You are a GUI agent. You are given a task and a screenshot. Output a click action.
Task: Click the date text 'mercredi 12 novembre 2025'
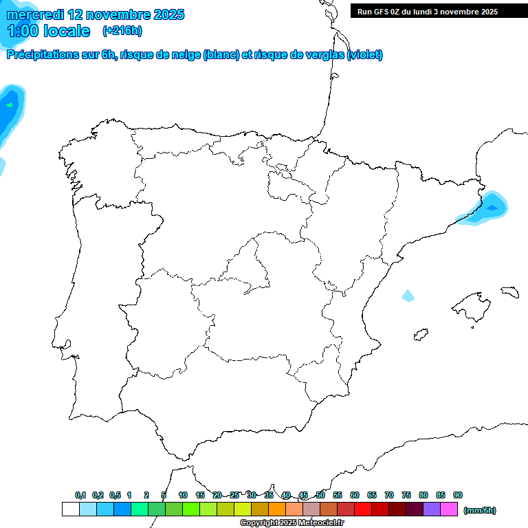tap(96, 14)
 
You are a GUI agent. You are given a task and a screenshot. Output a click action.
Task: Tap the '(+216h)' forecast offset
tap(122, 31)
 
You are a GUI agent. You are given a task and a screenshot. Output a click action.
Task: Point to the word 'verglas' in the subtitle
tap(322, 55)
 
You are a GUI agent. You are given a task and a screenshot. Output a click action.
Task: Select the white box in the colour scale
tap(70, 509)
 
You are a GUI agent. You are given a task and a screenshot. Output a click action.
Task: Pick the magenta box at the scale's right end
tap(449, 509)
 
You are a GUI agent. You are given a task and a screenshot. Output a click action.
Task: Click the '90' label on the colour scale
tap(458, 495)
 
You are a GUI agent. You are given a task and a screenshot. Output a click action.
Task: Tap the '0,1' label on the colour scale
tap(80, 495)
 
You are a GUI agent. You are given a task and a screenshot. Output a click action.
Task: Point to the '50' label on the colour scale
tap(320, 495)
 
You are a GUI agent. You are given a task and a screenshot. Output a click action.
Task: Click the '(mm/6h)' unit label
tap(480, 510)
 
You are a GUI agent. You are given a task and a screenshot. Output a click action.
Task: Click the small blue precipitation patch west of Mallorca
tap(408, 296)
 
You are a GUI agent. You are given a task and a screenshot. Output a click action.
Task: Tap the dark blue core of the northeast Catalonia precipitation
tap(492, 206)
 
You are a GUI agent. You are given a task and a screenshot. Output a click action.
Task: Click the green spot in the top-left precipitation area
tap(9, 105)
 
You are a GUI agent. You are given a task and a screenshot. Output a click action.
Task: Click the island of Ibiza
tap(421, 334)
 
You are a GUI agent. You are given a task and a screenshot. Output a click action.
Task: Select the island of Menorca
tap(509, 292)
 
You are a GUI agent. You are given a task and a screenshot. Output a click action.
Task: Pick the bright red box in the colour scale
tap(363, 509)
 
